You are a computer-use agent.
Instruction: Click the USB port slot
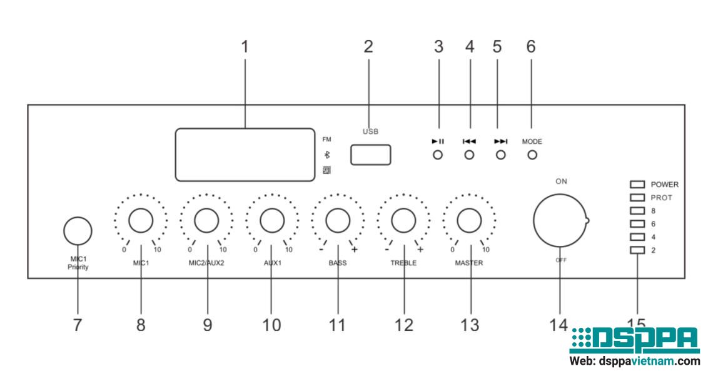pos(370,155)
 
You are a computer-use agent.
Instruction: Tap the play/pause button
pos(438,155)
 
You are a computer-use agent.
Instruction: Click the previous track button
pos(469,155)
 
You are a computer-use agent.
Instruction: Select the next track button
pos(500,155)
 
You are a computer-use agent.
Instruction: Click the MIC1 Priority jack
pos(78,231)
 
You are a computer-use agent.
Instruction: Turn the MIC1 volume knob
pos(141,220)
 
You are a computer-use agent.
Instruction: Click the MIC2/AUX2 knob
pos(206,220)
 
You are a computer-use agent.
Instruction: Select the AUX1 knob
pos(272,220)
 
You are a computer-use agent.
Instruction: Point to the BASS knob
pos(338,220)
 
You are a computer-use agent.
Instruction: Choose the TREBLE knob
pos(403,220)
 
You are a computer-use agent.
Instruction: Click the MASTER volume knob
pos(469,220)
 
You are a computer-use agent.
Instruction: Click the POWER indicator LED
pos(637,185)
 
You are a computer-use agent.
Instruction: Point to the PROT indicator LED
pos(637,198)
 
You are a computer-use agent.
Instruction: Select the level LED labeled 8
pos(637,211)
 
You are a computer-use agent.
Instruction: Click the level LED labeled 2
pos(637,250)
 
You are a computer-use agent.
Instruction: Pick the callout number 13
pos(469,325)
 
